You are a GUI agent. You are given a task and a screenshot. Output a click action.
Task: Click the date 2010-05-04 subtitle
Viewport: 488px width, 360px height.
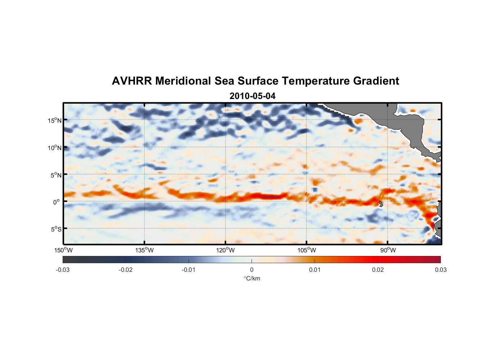252,96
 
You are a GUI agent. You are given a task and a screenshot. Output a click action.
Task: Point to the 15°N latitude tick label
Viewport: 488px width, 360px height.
55,120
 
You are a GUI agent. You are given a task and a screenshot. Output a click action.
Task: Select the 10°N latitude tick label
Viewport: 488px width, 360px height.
55,148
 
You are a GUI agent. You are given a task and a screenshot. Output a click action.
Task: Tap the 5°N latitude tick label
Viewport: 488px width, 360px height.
56,175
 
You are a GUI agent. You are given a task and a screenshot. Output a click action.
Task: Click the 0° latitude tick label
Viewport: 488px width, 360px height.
57,202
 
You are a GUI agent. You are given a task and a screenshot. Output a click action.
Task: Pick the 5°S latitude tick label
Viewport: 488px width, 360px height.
56,229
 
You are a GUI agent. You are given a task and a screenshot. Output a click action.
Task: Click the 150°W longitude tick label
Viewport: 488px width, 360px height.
64,250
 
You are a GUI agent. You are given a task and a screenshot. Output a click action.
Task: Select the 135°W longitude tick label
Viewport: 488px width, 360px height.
144,250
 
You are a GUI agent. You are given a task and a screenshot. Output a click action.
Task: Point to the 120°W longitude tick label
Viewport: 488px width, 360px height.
225,250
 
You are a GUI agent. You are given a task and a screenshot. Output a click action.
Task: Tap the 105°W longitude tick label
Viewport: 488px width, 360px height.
307,250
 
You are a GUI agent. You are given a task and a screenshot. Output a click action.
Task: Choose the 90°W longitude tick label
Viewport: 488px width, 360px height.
388,250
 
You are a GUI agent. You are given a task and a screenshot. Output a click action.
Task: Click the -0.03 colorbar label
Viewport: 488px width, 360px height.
63,270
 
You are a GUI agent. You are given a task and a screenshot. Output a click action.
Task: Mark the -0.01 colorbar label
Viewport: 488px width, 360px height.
189,270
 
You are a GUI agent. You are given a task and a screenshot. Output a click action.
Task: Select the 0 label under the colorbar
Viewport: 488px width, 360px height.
252,270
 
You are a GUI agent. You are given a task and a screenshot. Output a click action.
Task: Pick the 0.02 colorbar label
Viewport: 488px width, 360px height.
378,270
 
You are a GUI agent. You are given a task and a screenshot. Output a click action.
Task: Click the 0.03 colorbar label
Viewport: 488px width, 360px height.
440,270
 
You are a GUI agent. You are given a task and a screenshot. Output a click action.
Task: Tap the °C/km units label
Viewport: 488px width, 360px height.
252,278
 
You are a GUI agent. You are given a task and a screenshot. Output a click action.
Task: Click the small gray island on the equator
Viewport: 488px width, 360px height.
381,204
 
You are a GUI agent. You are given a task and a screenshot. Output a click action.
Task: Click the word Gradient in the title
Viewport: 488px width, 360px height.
376,81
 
